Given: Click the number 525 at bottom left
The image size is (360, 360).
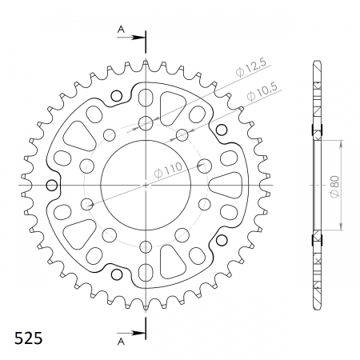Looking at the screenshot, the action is (x=28, y=338).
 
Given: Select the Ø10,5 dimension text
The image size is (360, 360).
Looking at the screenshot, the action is (x=262, y=91).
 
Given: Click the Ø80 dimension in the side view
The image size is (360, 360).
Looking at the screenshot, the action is (x=334, y=186).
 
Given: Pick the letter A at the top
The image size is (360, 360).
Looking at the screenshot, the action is (x=122, y=30).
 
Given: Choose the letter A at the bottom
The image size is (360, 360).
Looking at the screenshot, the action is (x=122, y=342).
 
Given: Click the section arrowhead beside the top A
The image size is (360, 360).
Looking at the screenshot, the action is (x=138, y=38).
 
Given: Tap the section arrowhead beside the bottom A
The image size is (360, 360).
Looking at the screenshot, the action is (x=138, y=333).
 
